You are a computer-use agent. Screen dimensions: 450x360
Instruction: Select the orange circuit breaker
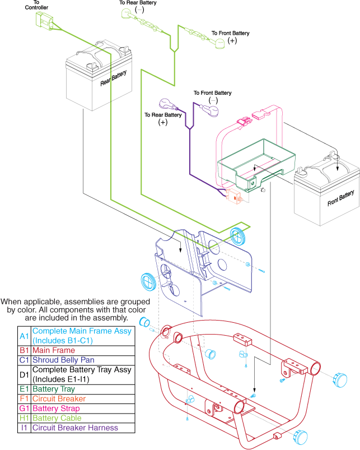(x=233, y=197)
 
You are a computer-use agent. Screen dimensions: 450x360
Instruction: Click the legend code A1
(x=24, y=336)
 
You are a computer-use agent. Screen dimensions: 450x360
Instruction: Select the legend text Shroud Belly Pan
(x=63, y=360)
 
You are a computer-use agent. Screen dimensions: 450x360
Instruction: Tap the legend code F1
(x=24, y=398)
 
